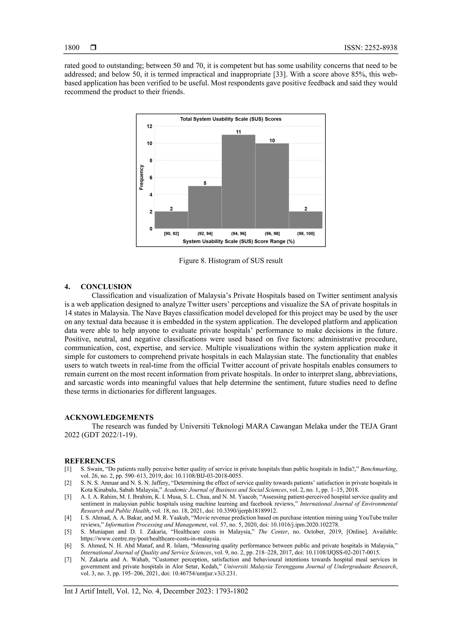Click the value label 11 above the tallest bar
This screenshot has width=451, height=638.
pos(238,132)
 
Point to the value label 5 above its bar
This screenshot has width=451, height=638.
pos(205,183)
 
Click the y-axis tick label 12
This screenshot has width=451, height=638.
pos(150,126)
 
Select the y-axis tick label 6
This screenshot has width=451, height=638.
pos(151,178)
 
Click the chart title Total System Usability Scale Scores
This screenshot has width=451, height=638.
pos(231,119)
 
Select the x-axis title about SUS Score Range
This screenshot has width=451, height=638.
pos(238,241)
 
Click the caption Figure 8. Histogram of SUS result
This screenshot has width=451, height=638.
pos(231,261)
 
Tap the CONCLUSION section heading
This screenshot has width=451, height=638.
pos(106,287)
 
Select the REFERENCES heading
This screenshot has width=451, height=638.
pos(90,461)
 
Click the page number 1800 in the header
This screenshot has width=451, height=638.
pos(72,48)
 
